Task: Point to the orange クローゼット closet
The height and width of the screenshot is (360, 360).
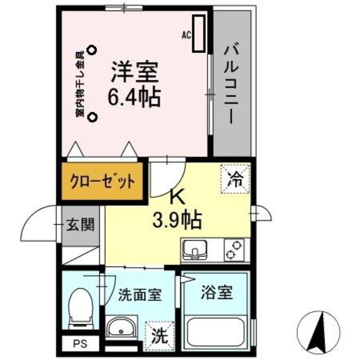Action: click(102, 181)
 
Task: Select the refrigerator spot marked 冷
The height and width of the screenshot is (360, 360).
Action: click(236, 181)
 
